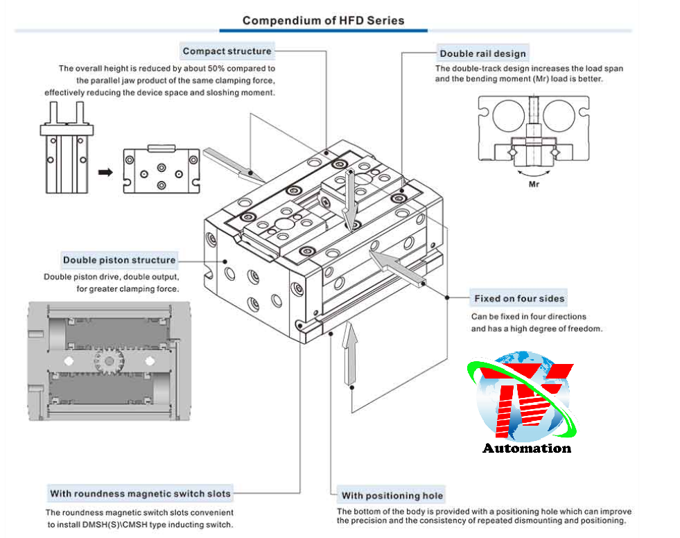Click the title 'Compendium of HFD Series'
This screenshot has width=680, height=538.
tap(323, 20)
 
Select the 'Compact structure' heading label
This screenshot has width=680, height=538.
tap(227, 51)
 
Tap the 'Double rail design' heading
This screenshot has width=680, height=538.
tap(482, 53)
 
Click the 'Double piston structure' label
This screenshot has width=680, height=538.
tap(119, 260)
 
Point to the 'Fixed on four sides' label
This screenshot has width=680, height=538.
tap(519, 299)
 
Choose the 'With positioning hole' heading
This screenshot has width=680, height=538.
tap(392, 495)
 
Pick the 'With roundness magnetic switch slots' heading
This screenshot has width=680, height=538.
tap(140, 494)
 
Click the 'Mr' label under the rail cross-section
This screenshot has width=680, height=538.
tap(534, 185)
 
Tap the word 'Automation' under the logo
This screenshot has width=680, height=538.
tap(527, 448)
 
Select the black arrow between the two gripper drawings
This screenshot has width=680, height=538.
tap(105, 172)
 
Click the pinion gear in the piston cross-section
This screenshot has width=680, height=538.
tap(107, 361)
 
